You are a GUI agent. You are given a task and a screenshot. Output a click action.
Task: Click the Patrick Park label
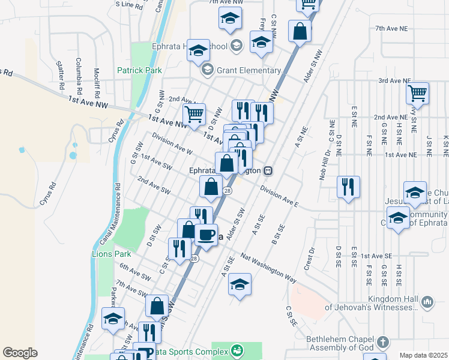pyautogui.click(x=139, y=70)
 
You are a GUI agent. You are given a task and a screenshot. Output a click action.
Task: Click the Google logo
pyautogui.click(x=20, y=353)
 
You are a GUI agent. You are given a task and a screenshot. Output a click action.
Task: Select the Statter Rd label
pyautogui.click(x=59, y=74)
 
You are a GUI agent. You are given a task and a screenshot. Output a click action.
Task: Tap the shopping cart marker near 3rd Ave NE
pyautogui.click(x=417, y=93)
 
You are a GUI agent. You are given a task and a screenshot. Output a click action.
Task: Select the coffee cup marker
pyautogui.click(x=206, y=235)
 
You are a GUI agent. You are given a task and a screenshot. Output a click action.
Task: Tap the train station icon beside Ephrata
pyautogui.click(x=270, y=170)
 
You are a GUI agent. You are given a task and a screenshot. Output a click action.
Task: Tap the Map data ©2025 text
pyautogui.click(x=423, y=355)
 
